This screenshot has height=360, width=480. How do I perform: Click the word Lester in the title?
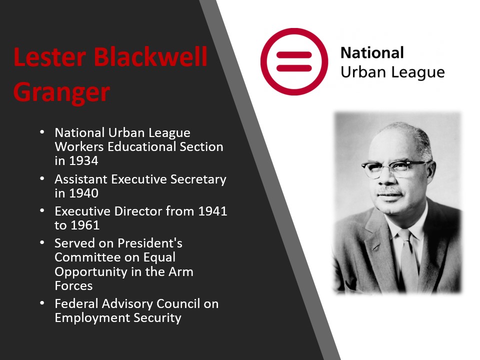(49, 56)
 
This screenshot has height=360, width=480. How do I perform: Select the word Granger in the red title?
(61, 92)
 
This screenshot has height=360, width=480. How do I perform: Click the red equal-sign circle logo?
(294, 61)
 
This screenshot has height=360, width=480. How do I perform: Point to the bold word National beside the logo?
(372, 52)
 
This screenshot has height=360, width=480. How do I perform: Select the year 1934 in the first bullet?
(83, 160)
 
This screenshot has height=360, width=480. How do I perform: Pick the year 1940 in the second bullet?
(83, 193)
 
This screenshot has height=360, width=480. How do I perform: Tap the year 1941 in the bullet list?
(212, 211)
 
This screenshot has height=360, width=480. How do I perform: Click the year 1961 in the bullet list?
(85, 225)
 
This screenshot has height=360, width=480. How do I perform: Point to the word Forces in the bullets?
(73, 286)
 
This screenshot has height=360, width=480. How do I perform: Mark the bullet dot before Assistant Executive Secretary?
(42, 178)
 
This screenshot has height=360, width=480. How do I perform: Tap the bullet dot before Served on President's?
(42, 243)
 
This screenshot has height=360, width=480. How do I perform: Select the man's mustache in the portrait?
(389, 191)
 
